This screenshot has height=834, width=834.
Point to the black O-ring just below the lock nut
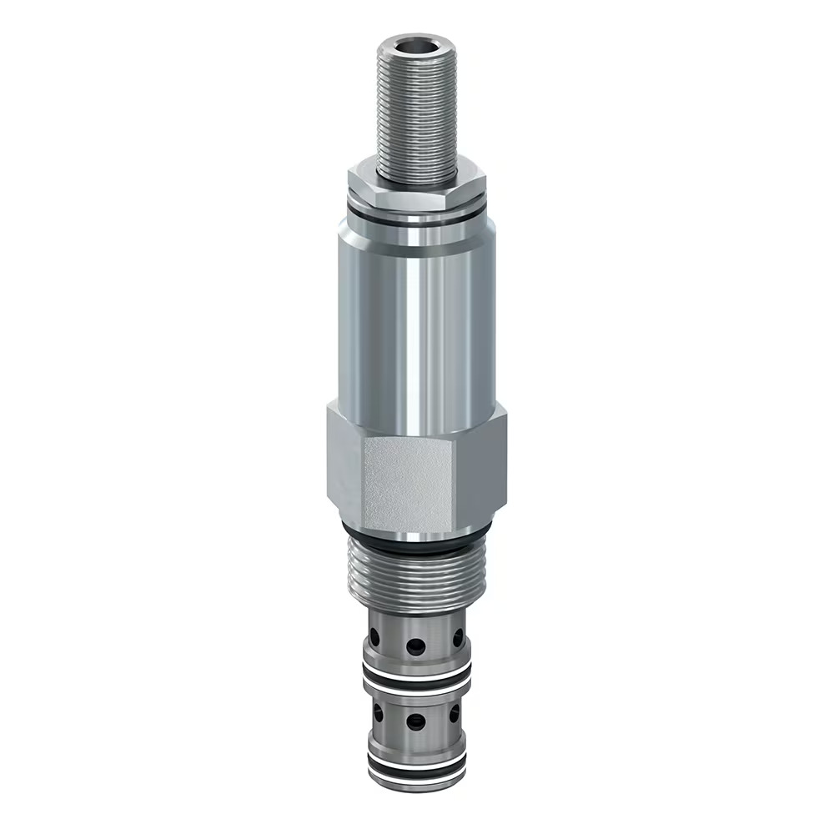(415, 219)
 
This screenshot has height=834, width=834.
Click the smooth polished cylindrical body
(414, 317)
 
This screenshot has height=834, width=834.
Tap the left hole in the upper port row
(374, 639)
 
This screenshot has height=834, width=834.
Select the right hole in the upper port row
(458, 639)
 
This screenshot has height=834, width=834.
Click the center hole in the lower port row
(415, 720)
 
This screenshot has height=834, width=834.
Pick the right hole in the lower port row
(455, 713)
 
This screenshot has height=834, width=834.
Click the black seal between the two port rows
(414, 677)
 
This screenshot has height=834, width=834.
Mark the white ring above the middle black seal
(414, 668)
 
